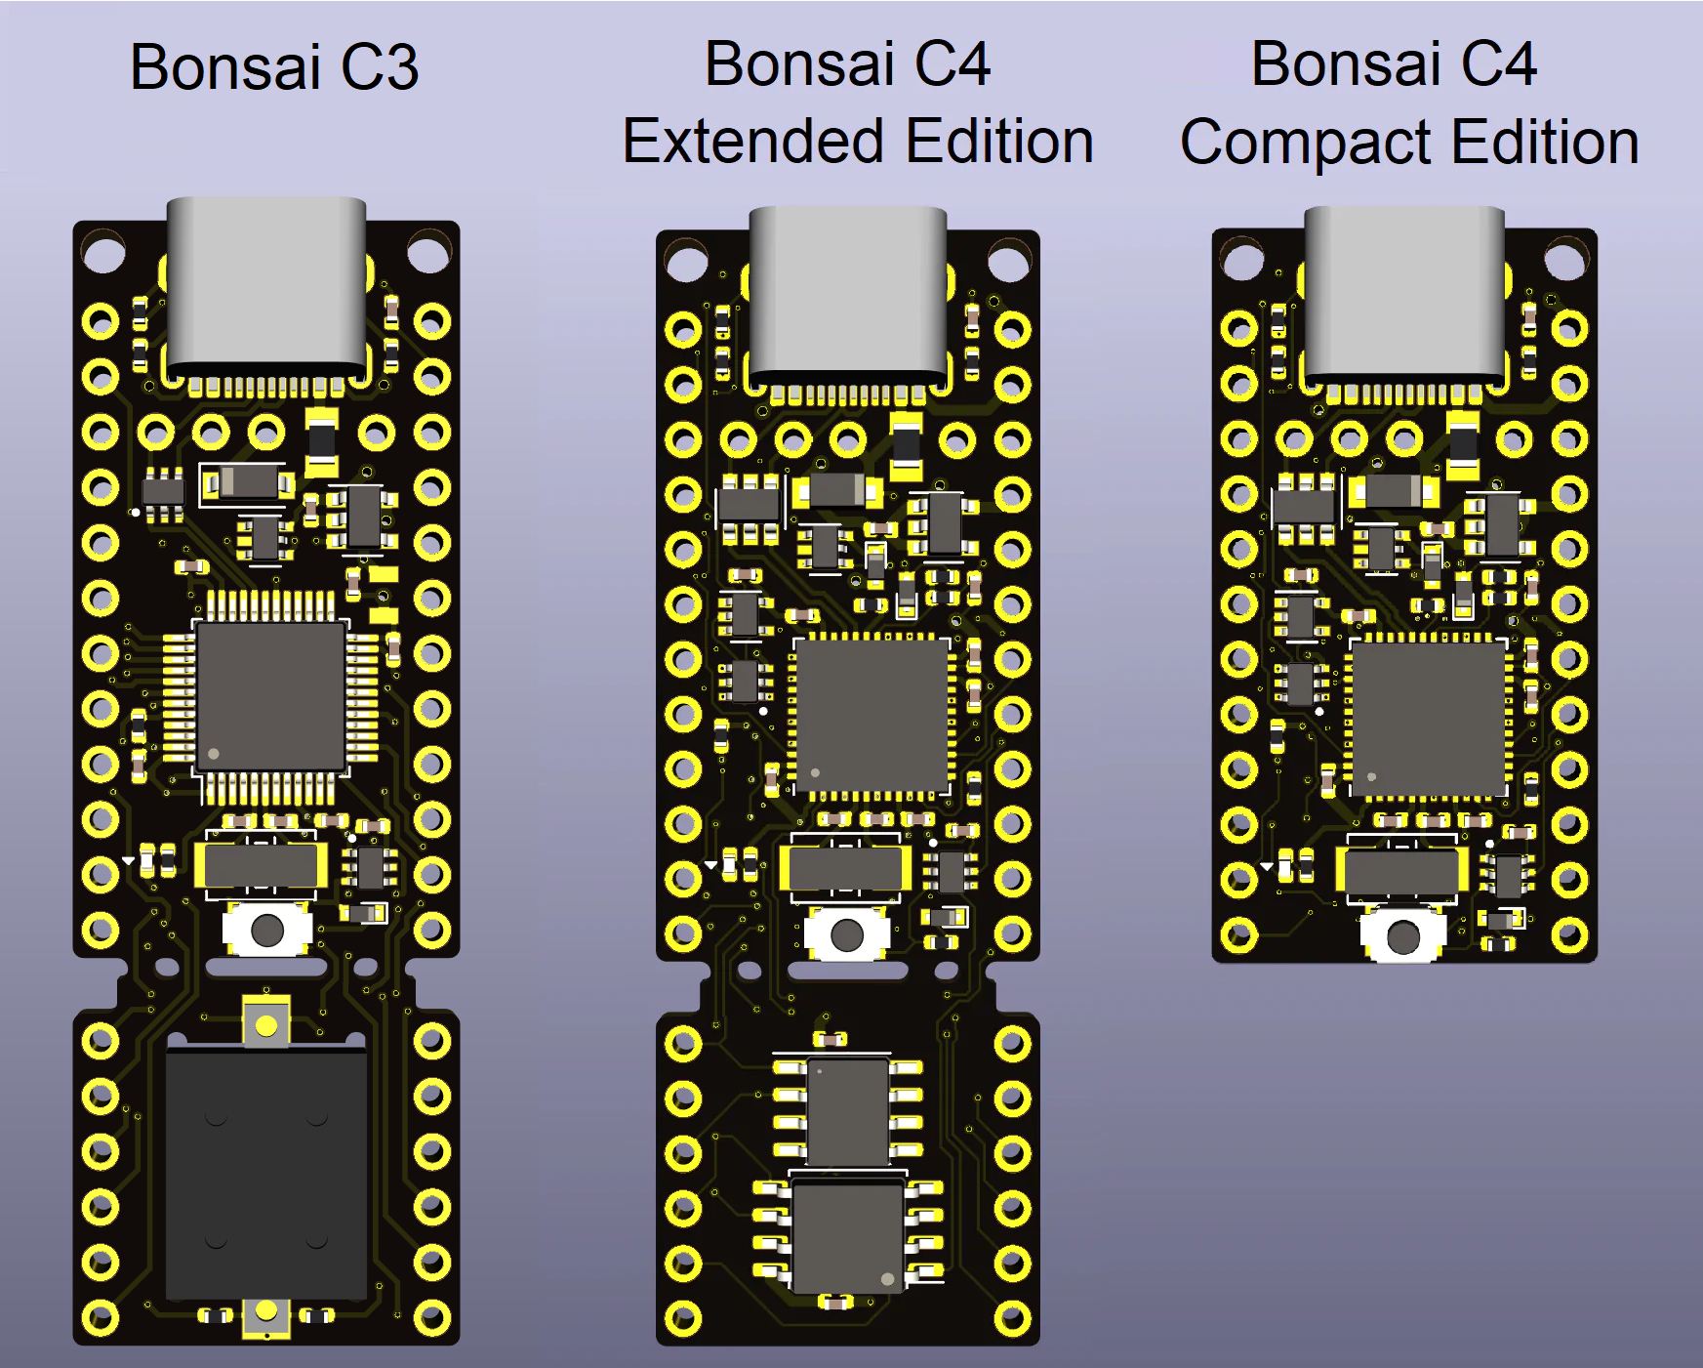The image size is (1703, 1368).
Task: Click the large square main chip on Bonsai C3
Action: [270, 696]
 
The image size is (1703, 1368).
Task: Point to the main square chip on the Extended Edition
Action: [872, 715]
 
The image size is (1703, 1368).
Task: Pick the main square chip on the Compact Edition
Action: [1428, 719]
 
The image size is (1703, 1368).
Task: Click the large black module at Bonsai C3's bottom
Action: [265, 1172]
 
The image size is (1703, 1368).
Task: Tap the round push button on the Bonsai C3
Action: [266, 930]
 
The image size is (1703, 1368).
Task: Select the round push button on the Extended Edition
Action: [847, 935]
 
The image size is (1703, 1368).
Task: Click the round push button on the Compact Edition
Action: [1403, 937]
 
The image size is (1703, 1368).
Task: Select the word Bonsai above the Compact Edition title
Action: [1346, 64]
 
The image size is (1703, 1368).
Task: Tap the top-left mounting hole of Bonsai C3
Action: [103, 253]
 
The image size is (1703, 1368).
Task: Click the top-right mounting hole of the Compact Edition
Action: [1565, 261]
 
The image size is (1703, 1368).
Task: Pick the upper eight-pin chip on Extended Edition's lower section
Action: [848, 1110]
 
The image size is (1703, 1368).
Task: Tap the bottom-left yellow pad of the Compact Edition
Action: [1238, 935]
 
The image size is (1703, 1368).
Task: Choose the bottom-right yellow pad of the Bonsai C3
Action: [430, 1318]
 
